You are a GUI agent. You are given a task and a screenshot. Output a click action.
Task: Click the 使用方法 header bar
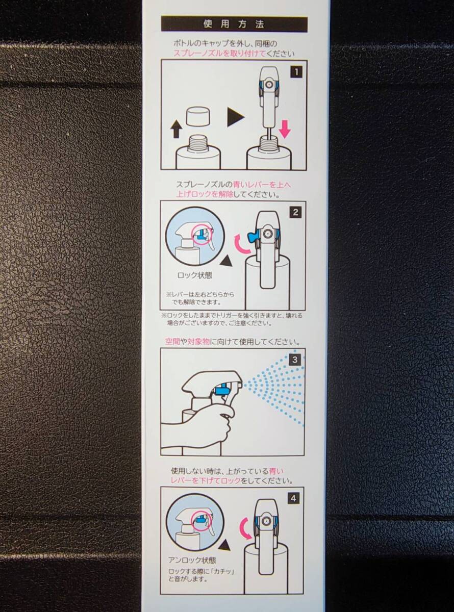click(234, 24)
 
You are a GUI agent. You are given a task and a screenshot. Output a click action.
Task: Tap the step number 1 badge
click(296, 72)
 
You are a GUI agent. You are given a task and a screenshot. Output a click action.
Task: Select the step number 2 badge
click(295, 212)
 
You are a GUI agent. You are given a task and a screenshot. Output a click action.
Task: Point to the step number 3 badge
click(295, 360)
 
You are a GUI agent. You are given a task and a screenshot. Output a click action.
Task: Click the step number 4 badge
click(293, 499)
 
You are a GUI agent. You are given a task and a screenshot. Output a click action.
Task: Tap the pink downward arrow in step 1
click(285, 129)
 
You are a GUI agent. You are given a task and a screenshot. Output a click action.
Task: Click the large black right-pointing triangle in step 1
click(236, 116)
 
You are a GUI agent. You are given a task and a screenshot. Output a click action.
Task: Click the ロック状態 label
click(195, 275)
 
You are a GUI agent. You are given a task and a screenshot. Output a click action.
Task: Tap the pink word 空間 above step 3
click(172, 342)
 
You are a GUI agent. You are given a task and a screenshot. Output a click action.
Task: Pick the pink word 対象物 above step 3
click(198, 342)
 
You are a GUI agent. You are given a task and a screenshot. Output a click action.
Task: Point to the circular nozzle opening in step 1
click(268, 85)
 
